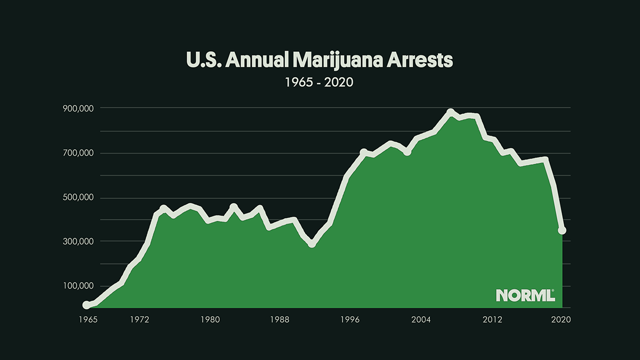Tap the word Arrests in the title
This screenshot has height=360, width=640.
(424, 60)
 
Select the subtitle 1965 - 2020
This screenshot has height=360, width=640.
(320, 83)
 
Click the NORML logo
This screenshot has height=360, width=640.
(525, 295)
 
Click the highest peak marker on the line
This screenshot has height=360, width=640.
(451, 113)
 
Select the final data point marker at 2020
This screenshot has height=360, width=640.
(562, 230)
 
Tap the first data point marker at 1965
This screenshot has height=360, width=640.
(86, 305)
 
